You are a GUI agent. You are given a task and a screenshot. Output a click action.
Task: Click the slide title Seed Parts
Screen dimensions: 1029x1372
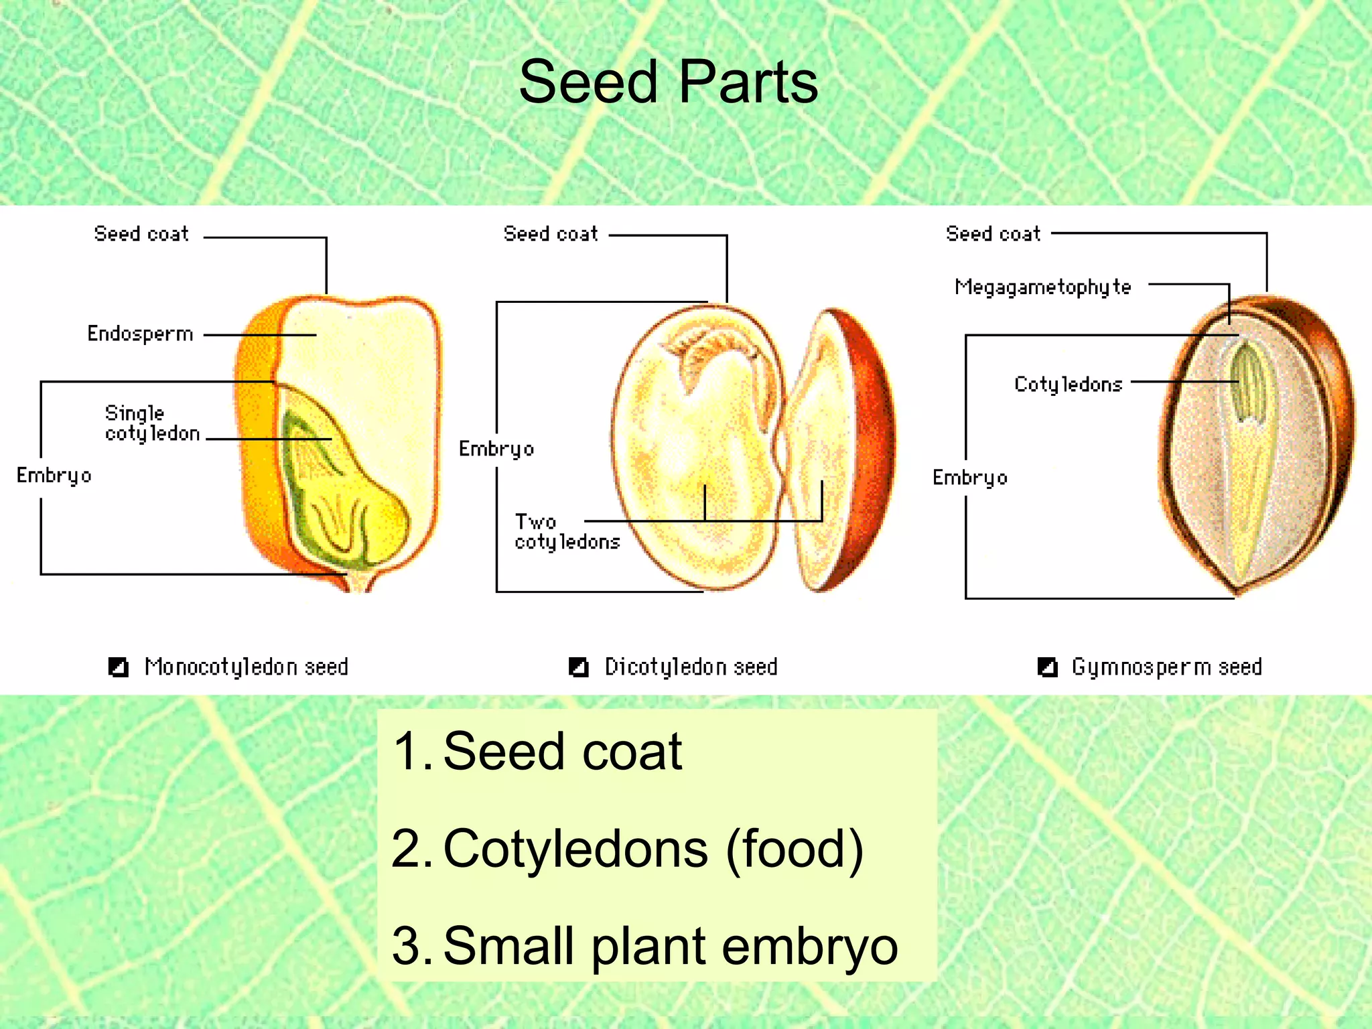click(668, 82)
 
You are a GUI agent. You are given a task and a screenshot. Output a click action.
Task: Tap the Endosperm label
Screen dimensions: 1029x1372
click(140, 334)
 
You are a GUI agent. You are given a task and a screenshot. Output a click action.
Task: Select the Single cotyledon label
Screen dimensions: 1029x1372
click(152, 423)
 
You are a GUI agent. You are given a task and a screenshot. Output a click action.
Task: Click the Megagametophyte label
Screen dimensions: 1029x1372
click(1042, 287)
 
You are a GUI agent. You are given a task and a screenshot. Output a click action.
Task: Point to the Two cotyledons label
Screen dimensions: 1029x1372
click(567, 532)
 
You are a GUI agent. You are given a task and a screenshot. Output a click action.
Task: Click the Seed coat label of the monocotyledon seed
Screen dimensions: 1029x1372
click(141, 234)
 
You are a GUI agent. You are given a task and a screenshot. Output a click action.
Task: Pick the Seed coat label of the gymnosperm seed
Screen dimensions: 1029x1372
click(993, 234)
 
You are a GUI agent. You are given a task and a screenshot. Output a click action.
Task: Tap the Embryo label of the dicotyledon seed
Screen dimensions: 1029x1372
click(496, 449)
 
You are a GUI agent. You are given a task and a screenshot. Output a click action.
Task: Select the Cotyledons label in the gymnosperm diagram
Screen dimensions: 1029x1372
click(1068, 385)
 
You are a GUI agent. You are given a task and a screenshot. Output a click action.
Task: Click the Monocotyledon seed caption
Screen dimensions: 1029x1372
click(246, 667)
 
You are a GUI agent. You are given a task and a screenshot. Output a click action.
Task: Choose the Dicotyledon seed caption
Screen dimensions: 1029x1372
click(691, 667)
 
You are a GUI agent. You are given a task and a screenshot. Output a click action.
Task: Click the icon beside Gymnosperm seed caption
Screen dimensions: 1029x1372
click(1047, 667)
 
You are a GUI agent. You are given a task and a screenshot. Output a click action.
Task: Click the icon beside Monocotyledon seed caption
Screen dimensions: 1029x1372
click(119, 667)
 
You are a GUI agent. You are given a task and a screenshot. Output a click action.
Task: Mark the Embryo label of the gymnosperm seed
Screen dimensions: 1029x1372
click(969, 478)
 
